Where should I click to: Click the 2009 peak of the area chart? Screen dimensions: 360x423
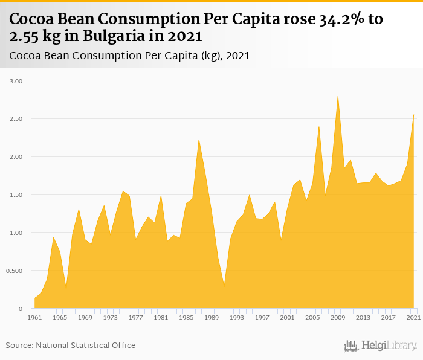(x=338, y=96)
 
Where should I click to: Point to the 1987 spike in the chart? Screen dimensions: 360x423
(x=199, y=140)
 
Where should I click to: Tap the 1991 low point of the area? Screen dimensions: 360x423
(x=224, y=286)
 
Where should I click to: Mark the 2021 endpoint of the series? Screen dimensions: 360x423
(x=413, y=115)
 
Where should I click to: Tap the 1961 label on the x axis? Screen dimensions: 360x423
(x=34, y=317)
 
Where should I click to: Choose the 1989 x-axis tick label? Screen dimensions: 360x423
(x=211, y=317)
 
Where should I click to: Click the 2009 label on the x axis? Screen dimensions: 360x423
(x=338, y=317)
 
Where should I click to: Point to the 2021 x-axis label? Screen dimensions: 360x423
(x=413, y=317)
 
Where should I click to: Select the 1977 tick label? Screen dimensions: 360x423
(x=136, y=317)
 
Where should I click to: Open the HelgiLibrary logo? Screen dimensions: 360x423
(x=380, y=346)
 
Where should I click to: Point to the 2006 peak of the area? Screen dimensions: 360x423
(x=319, y=126)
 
